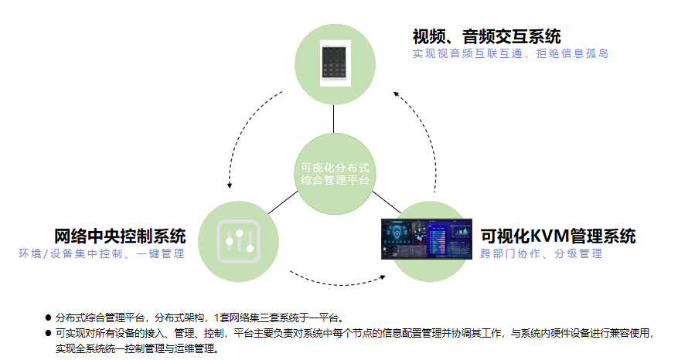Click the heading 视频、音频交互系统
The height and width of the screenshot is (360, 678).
pos(487,36)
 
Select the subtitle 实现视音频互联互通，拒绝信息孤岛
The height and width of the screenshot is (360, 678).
pos(510,54)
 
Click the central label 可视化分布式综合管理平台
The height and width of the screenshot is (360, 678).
pos(336,173)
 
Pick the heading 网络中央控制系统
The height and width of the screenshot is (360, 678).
pos(120,236)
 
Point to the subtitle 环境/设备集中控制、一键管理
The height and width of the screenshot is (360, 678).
pos(102,253)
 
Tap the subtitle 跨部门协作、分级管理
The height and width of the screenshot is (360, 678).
pos(541,253)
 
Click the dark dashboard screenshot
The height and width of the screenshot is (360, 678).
pos(426,238)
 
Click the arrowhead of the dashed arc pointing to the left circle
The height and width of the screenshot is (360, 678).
pos(230,185)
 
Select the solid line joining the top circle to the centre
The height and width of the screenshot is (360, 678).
pos(335,118)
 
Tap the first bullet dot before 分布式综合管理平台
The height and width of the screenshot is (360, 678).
pos(47,318)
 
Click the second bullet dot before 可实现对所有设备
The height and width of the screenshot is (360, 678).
pos(47,334)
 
